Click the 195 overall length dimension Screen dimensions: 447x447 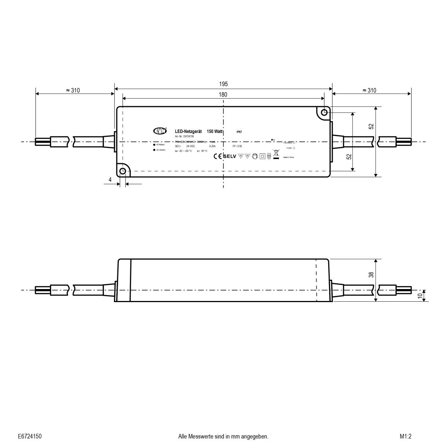click(x=223, y=85)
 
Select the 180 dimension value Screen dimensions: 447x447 click(x=223, y=95)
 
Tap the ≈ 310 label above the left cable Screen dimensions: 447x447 click(x=73, y=91)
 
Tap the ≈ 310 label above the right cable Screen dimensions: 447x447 click(x=369, y=91)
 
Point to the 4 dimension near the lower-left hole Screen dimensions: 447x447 click(x=110, y=180)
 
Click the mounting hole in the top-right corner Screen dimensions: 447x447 click(x=324, y=112)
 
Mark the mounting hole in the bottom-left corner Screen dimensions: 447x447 click(x=123, y=171)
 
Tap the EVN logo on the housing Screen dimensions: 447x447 click(x=160, y=131)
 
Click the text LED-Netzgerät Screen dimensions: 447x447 click(x=188, y=131)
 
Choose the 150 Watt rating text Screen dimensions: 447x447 click(x=215, y=131)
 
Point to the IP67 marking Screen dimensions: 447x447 click(x=239, y=132)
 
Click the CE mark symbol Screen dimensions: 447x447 click(x=218, y=156)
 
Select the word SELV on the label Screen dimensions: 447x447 click(x=230, y=156)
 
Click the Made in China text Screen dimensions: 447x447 click(x=289, y=158)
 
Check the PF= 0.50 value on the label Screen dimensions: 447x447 click(x=237, y=146)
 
